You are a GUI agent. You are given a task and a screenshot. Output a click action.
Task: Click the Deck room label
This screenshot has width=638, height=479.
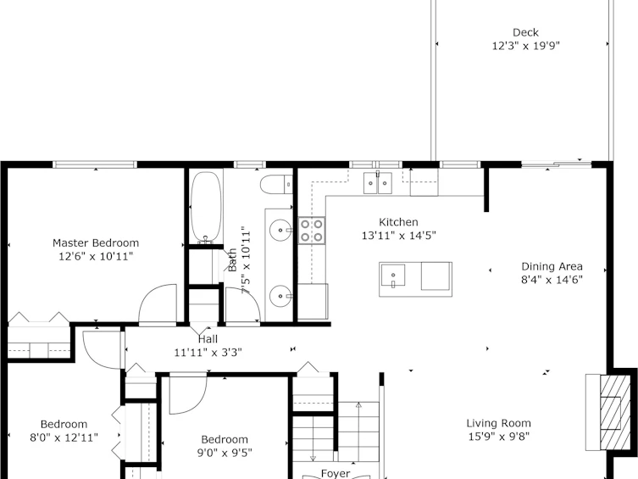click(x=525, y=32)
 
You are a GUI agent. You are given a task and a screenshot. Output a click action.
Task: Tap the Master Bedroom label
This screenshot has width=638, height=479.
click(x=96, y=243)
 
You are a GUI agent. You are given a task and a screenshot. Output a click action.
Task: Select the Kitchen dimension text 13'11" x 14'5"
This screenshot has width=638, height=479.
click(x=399, y=236)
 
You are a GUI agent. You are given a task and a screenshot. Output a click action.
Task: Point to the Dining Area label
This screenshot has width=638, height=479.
click(x=552, y=266)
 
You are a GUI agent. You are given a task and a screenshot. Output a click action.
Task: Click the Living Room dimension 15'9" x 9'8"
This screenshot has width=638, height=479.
click(x=498, y=437)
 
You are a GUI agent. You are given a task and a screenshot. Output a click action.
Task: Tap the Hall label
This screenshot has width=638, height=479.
click(x=208, y=339)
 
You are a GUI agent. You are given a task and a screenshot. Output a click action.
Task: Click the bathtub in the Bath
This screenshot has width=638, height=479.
click(x=206, y=207)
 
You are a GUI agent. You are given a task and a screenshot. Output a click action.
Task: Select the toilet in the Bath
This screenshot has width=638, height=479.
click(x=276, y=185)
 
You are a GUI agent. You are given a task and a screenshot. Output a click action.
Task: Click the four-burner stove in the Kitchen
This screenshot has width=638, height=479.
click(x=312, y=231)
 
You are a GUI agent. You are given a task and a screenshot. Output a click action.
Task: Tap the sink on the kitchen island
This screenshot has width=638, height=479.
click(x=392, y=276)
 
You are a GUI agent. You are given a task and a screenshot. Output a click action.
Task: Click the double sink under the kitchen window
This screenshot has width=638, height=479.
click(x=378, y=183)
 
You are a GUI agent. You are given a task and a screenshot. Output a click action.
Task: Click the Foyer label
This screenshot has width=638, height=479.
click(x=336, y=473)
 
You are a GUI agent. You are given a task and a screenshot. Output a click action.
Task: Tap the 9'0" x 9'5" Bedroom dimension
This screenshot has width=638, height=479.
click(x=225, y=453)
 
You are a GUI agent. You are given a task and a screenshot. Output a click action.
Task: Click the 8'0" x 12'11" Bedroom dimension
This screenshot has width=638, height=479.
click(x=64, y=437)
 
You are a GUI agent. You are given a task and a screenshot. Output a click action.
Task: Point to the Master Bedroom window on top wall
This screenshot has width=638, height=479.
click(x=95, y=164)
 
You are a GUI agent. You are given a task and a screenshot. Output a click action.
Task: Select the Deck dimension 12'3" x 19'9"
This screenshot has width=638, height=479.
click(x=525, y=46)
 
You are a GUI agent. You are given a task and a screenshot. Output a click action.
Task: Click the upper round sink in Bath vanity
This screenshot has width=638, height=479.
click(x=280, y=230)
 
